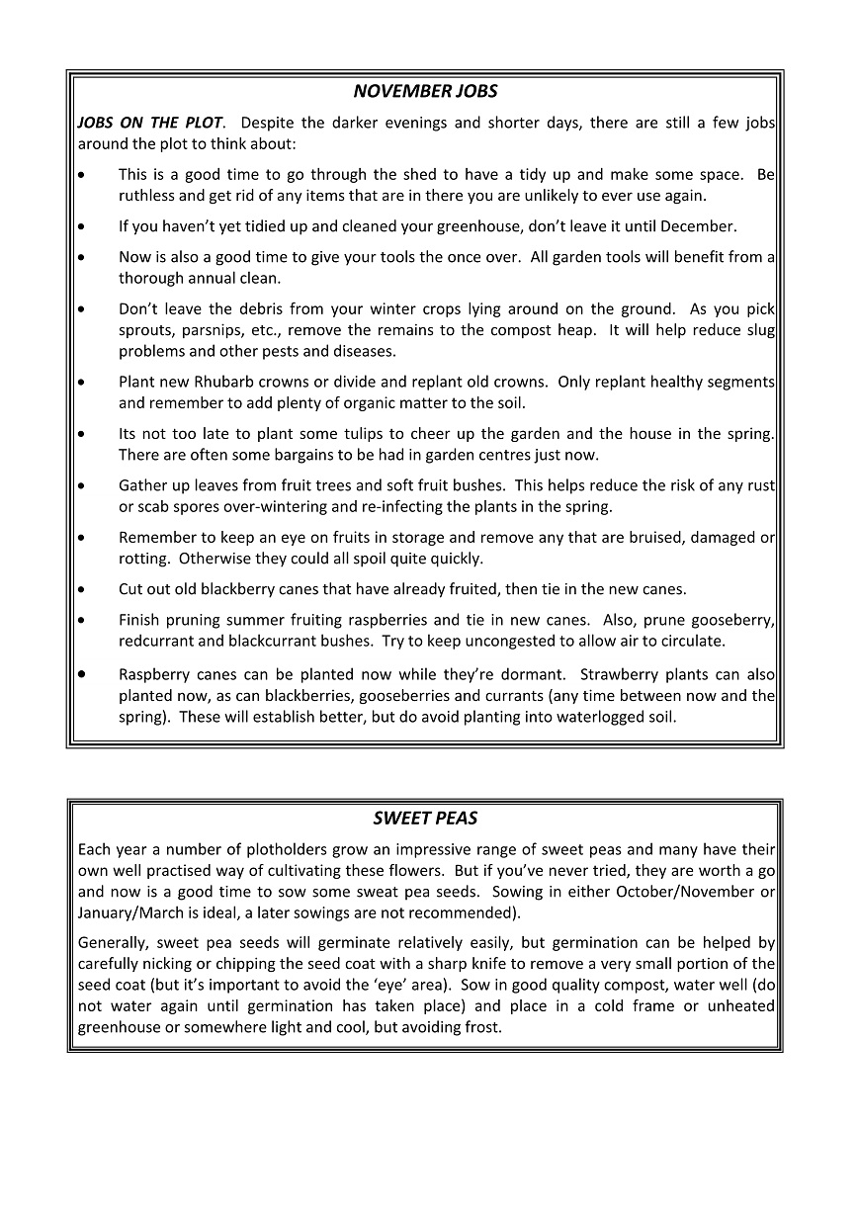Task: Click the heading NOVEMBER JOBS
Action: [425, 92]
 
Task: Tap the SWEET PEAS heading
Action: [425, 819]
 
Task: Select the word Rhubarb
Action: [230, 382]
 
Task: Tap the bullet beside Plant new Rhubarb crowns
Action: [82, 382]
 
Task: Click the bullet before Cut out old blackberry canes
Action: [82, 589]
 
